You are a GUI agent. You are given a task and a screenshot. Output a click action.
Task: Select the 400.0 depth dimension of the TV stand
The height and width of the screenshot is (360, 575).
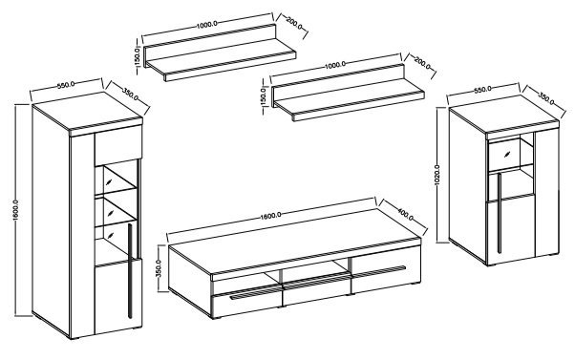(x=406, y=214)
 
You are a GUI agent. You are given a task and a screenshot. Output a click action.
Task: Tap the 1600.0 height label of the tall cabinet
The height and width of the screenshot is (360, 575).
(x=15, y=210)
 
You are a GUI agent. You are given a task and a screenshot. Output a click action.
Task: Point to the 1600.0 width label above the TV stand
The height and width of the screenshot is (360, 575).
(x=271, y=215)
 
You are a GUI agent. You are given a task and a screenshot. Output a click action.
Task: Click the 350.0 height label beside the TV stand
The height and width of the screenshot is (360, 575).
(x=159, y=268)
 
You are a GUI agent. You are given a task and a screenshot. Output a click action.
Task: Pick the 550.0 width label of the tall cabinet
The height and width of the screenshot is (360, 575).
(x=66, y=85)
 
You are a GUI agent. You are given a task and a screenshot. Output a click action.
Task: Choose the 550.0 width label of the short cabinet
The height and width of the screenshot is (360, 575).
(x=482, y=89)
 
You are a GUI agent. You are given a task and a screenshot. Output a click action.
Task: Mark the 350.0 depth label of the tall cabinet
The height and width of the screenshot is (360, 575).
(x=130, y=95)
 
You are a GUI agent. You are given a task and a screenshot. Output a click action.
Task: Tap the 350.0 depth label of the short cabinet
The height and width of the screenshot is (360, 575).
(x=546, y=98)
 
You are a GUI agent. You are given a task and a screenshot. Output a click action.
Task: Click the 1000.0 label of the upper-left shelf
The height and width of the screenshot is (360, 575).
(x=207, y=25)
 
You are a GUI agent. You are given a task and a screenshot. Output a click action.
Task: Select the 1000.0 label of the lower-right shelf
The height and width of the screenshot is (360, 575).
(x=335, y=65)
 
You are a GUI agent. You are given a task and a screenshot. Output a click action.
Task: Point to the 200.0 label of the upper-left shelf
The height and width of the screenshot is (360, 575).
(x=294, y=24)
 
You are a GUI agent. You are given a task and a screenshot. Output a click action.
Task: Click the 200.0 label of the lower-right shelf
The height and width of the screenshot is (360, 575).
(x=422, y=63)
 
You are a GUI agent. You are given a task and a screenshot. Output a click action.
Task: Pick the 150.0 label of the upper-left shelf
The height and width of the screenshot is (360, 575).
(x=138, y=56)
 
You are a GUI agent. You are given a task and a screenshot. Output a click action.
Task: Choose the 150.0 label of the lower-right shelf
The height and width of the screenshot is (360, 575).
(x=263, y=96)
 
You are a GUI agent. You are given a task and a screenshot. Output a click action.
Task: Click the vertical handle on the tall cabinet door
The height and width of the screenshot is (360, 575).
(x=130, y=271)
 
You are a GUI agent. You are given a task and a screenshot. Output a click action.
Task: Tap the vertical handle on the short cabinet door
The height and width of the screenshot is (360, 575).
(x=500, y=213)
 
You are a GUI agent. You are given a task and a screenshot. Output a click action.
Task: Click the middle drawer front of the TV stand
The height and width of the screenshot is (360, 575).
(x=316, y=294)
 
